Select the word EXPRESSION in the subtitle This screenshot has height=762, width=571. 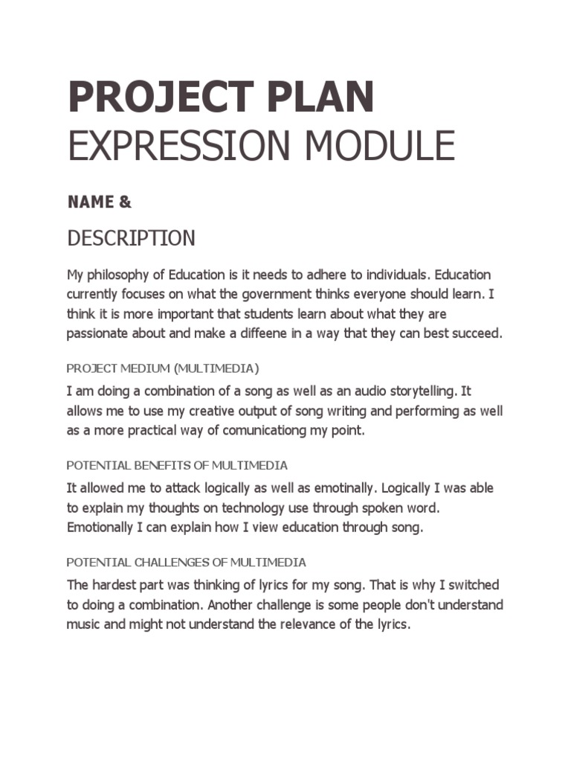(170, 145)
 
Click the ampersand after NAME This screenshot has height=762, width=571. (125, 202)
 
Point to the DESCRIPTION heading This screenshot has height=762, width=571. (131, 238)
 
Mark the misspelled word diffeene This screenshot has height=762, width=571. (262, 333)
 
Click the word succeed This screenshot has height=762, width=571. (477, 333)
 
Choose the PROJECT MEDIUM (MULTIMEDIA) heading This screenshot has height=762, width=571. (163, 368)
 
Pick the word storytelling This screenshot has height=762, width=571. (421, 391)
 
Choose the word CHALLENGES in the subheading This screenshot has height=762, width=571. (182, 562)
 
